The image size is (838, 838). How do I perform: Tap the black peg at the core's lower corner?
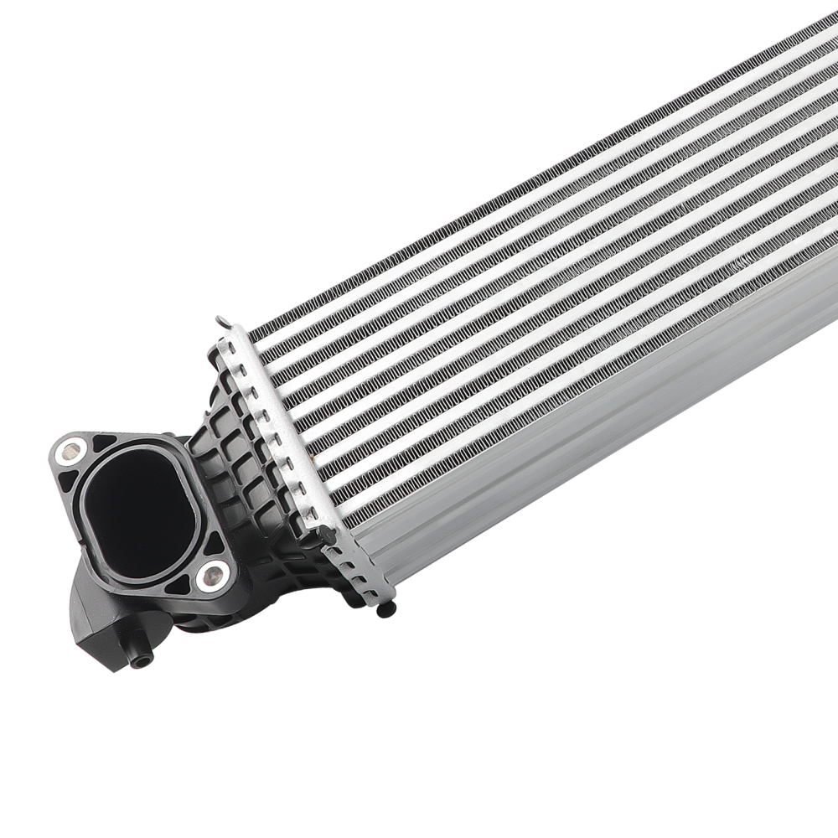pyautogui.click(x=328, y=531)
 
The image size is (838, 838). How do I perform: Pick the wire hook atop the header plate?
pyautogui.click(x=222, y=322)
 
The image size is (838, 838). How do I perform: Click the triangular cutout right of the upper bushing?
pyautogui.click(x=104, y=443)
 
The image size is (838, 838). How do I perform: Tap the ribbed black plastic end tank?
pyautogui.click(x=243, y=469)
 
